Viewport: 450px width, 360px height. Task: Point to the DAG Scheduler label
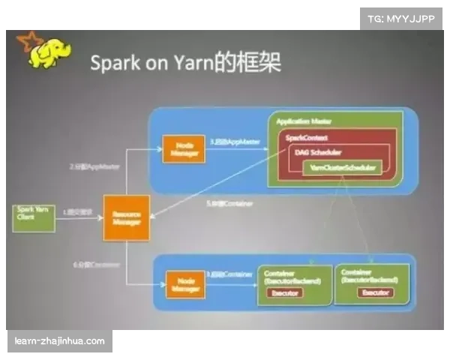[315, 153]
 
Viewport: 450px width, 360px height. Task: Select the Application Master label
[304, 121]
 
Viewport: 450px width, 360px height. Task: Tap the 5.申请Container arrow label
[229, 203]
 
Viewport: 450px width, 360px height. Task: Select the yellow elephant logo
[46, 52]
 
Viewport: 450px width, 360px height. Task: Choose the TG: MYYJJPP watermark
[400, 17]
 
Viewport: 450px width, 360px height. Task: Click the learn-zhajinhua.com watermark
[60, 341]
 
